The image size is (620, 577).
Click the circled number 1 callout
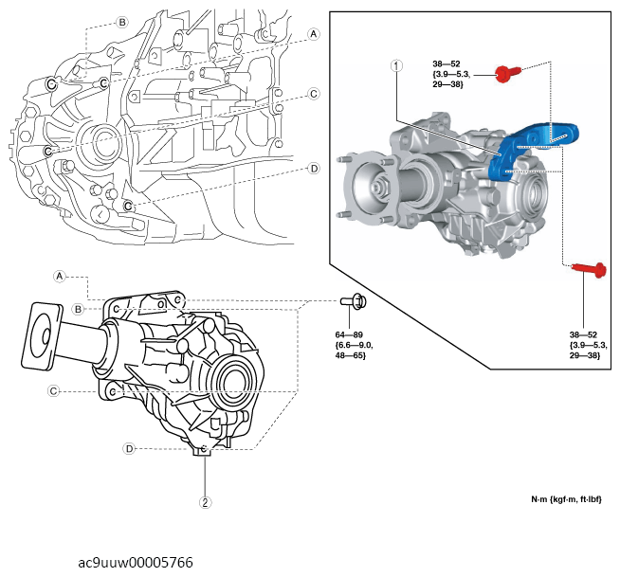396,66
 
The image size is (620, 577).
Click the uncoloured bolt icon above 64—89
353,302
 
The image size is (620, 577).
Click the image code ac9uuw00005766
136,562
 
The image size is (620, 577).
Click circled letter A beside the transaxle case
314,34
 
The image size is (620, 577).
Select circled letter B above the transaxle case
121,22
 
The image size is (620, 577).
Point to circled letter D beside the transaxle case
313,170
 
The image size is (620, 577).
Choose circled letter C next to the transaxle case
313,94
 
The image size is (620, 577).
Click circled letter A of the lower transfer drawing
59,277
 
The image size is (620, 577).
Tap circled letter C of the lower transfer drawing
54,390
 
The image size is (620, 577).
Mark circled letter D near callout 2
128,448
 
